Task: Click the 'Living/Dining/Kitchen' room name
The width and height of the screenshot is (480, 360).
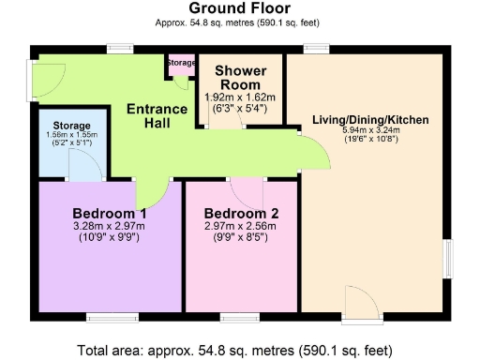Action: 370,120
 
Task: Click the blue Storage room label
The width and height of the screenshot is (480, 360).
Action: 71,126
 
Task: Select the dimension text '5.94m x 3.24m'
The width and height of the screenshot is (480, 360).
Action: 370,132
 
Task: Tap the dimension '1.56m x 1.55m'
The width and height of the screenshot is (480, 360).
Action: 71,136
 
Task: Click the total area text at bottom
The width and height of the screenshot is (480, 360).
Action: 240,350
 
